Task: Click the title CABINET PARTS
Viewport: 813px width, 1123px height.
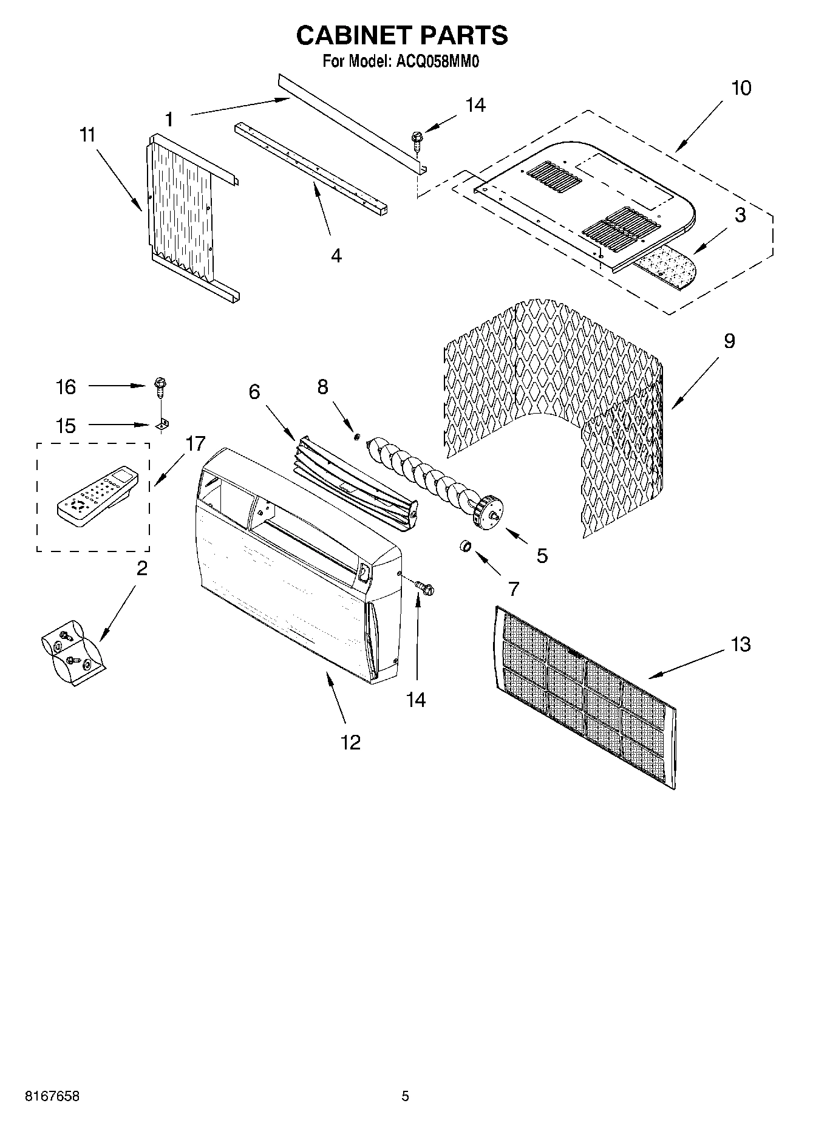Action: pos(401,36)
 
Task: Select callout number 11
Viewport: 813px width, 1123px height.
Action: pos(88,135)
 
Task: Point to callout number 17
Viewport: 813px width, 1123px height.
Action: pos(195,444)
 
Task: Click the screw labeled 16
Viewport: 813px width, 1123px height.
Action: pos(160,386)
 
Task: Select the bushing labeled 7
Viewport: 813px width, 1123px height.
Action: pos(464,547)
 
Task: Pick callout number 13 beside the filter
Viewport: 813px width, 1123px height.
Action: pos(740,644)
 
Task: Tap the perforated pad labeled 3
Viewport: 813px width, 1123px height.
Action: pos(665,268)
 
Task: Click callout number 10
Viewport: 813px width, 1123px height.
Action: pos(741,88)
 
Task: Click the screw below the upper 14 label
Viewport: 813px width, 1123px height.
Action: pos(418,141)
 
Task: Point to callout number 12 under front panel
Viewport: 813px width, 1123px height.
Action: pos(351,742)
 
